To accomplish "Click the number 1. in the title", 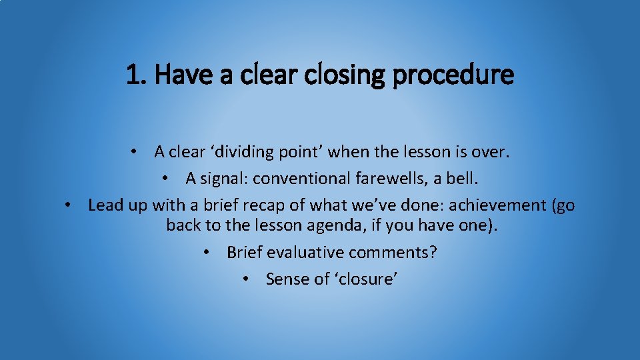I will (x=137, y=75).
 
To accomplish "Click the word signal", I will (x=223, y=179).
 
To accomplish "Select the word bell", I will (x=464, y=179).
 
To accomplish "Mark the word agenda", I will (x=333, y=225).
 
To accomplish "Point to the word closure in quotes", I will (x=365, y=279).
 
